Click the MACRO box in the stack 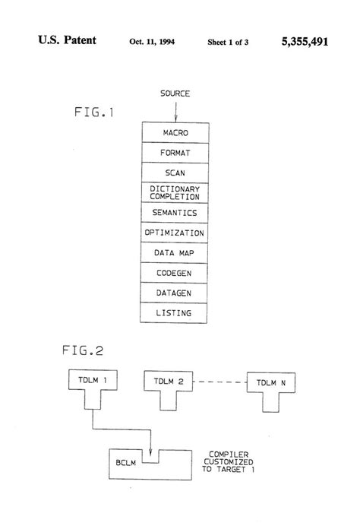tap(175, 134)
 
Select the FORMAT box tap(175, 153)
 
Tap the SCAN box tap(175, 173)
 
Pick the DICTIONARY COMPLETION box tap(175, 192)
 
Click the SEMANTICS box tap(175, 212)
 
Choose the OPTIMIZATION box tap(175, 233)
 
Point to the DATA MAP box tap(175, 252)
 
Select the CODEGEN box tap(175, 272)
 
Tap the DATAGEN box tap(175, 292)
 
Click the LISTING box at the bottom tap(175, 312)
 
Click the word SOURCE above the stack tap(175, 93)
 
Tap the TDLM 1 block tap(90, 380)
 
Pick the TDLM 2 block tap(168, 381)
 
